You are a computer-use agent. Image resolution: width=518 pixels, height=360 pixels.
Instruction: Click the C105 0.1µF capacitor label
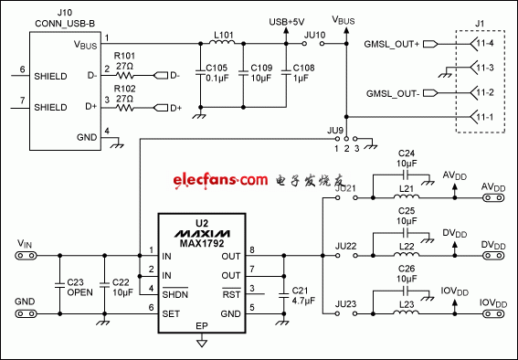(x=217, y=72)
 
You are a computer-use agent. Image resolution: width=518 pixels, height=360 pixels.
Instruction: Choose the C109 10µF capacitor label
(x=260, y=72)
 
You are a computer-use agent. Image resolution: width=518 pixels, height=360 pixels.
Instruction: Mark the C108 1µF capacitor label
(x=302, y=72)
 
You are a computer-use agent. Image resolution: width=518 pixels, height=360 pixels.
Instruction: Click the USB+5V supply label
(x=286, y=20)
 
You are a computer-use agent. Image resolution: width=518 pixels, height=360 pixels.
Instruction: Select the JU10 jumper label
(x=314, y=34)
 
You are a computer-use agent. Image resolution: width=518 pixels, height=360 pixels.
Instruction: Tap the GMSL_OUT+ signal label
(x=391, y=43)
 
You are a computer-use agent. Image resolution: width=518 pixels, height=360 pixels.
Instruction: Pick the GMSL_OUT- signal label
(x=391, y=92)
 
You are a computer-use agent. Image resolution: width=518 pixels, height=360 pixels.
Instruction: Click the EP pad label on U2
(x=200, y=324)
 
